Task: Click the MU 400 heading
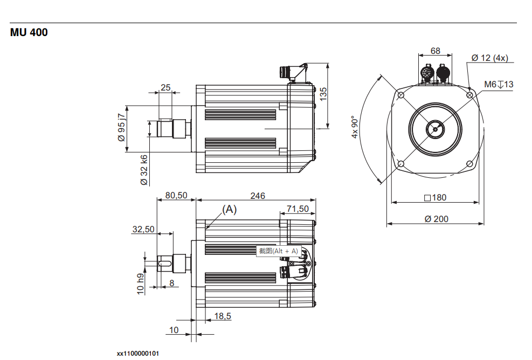click(x=29, y=33)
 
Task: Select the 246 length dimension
click(x=258, y=196)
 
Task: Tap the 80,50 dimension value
click(x=176, y=196)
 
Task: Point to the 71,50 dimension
click(x=298, y=209)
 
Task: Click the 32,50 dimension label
click(x=143, y=229)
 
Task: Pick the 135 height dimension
click(x=323, y=94)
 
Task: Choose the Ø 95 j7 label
click(x=122, y=127)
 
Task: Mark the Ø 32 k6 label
click(x=144, y=170)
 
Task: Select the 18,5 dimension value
click(x=223, y=316)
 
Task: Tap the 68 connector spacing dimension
click(x=436, y=51)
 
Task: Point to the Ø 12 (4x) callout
click(x=489, y=58)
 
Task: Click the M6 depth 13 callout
click(x=499, y=84)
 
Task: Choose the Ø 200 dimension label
click(x=436, y=219)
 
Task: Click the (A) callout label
click(x=230, y=210)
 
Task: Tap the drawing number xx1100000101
click(x=138, y=354)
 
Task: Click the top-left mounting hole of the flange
click(x=400, y=95)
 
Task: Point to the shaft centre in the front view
click(x=434, y=129)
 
